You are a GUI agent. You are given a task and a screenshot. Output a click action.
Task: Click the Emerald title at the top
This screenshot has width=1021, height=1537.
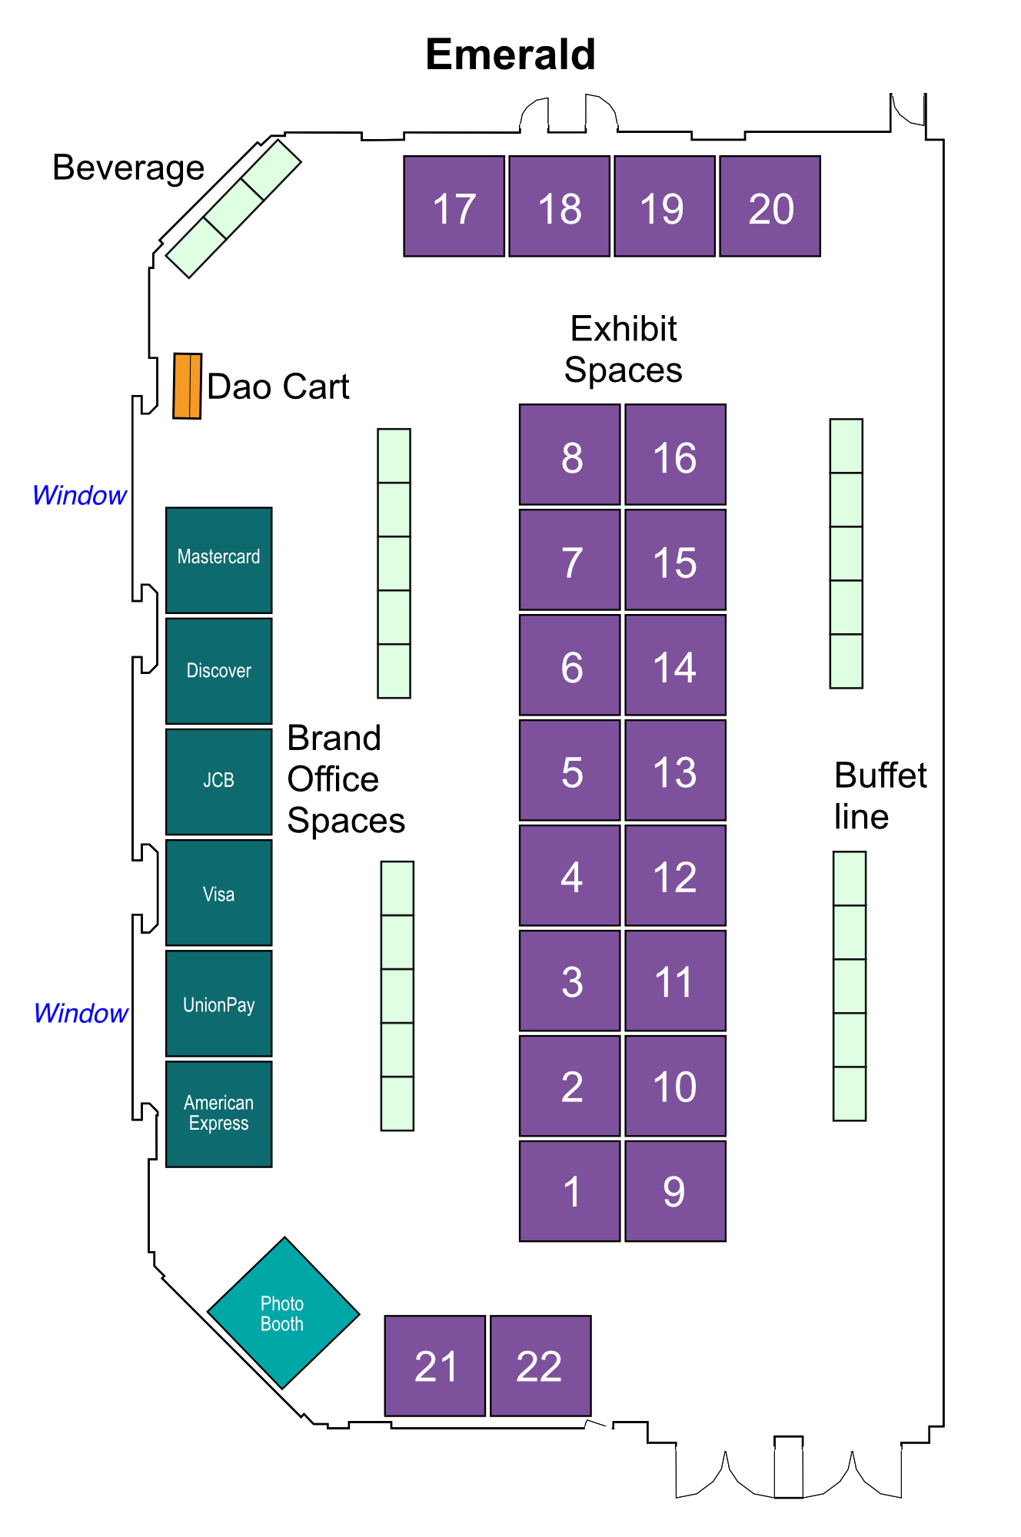(x=510, y=55)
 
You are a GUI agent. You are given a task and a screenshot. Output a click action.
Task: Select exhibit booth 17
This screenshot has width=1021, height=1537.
(x=454, y=206)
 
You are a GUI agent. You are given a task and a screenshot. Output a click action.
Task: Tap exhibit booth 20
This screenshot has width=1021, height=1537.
(x=770, y=206)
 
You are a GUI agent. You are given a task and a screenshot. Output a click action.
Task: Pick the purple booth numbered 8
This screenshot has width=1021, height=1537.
(x=570, y=454)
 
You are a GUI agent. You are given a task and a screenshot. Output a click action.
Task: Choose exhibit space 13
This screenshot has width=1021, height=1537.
(x=676, y=770)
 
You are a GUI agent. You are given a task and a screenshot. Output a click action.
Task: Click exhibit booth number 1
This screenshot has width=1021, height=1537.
(x=570, y=1191)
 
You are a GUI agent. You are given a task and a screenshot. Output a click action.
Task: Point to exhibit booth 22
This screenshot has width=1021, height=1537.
(x=540, y=1366)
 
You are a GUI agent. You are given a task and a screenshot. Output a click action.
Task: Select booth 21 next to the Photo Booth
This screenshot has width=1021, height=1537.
(x=435, y=1366)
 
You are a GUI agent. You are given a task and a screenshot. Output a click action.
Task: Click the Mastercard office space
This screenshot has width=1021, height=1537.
(x=219, y=560)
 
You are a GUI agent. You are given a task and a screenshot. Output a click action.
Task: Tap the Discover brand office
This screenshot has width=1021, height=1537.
(x=219, y=671)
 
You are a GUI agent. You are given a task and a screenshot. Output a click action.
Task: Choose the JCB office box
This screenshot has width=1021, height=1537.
(x=219, y=782)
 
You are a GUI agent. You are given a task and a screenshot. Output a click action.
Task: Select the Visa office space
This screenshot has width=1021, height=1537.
(x=219, y=892)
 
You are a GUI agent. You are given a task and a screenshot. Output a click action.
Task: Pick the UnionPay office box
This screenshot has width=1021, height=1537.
(x=219, y=1004)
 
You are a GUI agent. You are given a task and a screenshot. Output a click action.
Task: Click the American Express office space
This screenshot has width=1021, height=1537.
(x=219, y=1114)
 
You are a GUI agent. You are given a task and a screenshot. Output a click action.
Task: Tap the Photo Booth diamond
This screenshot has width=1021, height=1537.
(x=284, y=1313)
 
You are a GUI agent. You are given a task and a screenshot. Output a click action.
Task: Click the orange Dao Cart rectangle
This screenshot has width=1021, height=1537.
(x=188, y=386)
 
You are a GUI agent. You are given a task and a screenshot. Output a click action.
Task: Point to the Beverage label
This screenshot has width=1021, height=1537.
(x=128, y=168)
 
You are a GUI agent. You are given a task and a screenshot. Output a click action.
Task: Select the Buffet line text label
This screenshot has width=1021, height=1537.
(x=880, y=796)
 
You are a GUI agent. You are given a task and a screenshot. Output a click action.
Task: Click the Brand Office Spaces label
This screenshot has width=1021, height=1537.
(x=346, y=779)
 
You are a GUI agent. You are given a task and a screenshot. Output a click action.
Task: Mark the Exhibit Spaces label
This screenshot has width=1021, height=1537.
(x=624, y=349)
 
